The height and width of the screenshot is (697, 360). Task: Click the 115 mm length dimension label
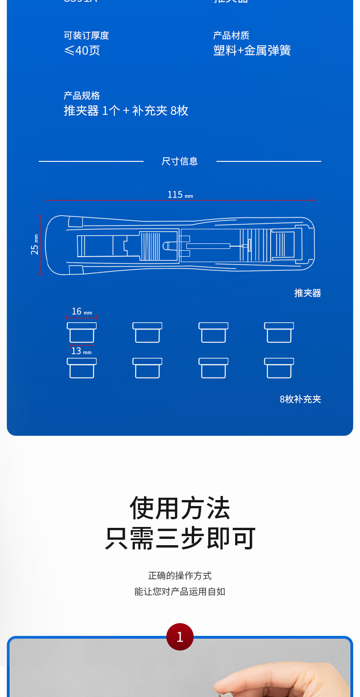coord(180,195)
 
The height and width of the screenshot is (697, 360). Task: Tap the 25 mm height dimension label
coord(35,244)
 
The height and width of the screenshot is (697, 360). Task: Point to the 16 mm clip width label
coord(82,311)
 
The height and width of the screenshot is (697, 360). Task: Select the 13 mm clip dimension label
coord(81,351)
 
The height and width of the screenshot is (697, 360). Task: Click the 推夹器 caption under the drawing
coord(308,293)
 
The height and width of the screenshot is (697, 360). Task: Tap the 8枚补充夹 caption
coord(300,399)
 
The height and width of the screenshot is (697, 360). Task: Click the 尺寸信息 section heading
coord(180,161)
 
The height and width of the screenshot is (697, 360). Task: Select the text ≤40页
coord(82,50)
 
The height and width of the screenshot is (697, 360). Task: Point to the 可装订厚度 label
coord(86,36)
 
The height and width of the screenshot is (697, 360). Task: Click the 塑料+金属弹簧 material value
coord(252,50)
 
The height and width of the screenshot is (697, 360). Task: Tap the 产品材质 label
coord(231,36)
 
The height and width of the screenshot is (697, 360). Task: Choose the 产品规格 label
coord(82,96)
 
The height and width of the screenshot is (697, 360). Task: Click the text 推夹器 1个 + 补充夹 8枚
coord(126,111)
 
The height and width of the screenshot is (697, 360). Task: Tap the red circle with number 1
coord(180,637)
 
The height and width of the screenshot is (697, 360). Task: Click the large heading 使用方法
coord(180,508)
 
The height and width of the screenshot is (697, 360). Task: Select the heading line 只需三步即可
coord(180,538)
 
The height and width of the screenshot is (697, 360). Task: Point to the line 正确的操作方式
coord(180,576)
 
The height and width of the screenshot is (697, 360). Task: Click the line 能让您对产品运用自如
coord(180,592)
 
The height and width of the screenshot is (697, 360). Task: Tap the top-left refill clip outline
coord(82,332)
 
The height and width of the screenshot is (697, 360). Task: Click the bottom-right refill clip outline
coord(279,368)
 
